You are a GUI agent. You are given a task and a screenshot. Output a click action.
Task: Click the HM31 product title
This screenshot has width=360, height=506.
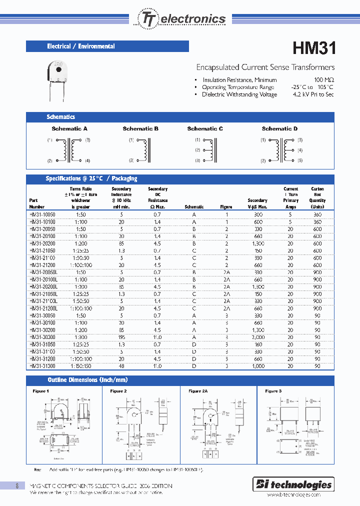click(313, 48)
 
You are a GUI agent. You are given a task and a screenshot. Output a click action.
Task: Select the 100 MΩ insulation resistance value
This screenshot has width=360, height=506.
click(324, 80)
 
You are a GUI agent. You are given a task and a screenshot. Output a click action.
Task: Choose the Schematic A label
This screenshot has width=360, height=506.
click(69, 129)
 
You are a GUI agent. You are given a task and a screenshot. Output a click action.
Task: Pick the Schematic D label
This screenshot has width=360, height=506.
click(279, 129)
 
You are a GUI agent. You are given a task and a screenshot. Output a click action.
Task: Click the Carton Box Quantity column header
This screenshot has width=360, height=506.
click(317, 198)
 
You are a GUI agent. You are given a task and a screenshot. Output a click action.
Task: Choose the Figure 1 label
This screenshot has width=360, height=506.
click(41, 391)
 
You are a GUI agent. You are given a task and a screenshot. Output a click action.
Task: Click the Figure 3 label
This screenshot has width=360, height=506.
click(273, 391)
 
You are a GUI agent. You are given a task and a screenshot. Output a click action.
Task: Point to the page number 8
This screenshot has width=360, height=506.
click(17, 485)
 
